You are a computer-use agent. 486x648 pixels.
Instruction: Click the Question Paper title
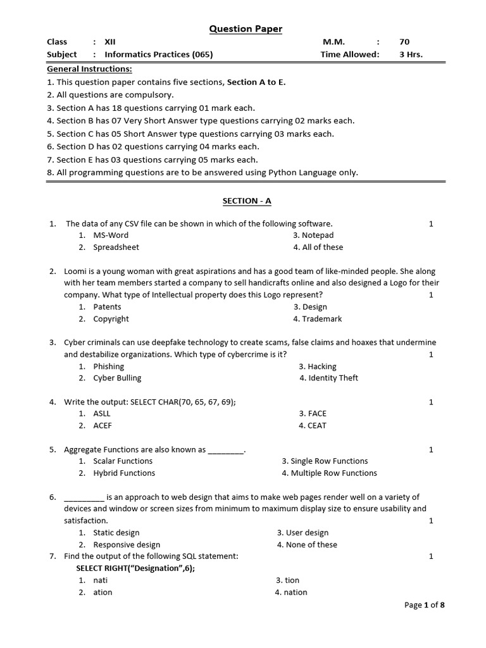[246, 29]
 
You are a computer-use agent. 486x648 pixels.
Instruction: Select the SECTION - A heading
[246, 201]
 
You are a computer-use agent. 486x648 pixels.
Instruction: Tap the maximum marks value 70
[404, 42]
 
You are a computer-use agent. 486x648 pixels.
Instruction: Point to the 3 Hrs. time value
[411, 54]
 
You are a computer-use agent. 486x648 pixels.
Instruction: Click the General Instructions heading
[89, 69]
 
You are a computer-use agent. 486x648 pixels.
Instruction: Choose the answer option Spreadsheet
[116, 247]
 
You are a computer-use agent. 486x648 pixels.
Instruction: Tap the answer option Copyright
[111, 319]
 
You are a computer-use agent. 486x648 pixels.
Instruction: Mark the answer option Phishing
[108, 366]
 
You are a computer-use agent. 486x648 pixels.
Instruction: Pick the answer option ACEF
[103, 426]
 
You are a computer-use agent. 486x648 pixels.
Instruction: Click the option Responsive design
[127, 545]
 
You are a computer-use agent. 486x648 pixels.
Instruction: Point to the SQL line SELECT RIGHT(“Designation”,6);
[135, 568]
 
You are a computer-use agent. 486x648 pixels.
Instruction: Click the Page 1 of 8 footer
[425, 606]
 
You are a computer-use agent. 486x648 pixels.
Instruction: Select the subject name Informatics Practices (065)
[158, 54]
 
